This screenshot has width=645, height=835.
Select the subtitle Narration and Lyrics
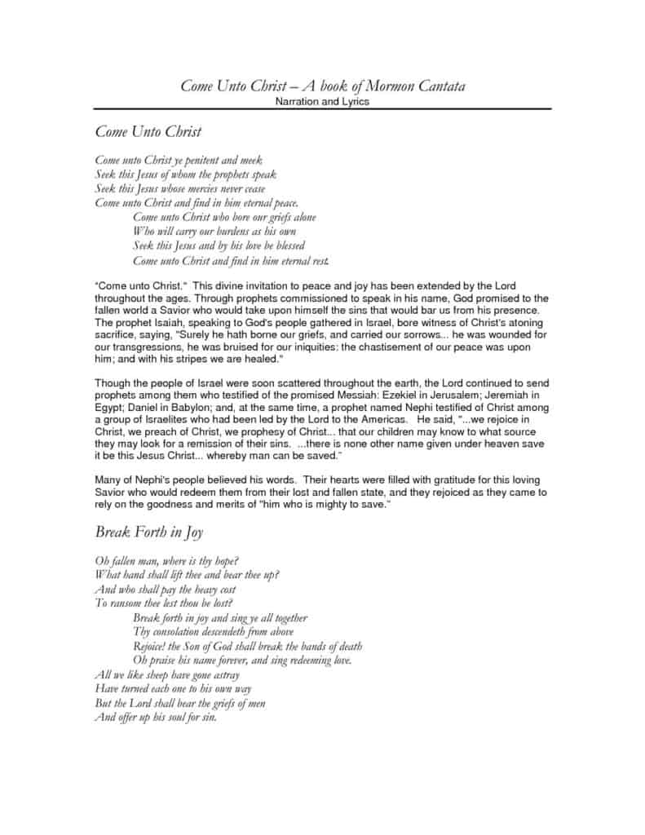[x=322, y=101]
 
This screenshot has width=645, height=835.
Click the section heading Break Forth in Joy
[x=149, y=532]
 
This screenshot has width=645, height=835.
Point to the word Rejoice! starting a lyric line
[x=152, y=646]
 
